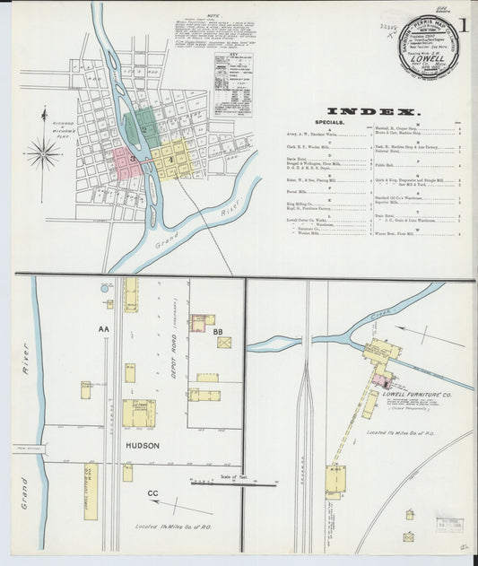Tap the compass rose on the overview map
[x=42, y=153]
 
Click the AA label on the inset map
[x=104, y=329]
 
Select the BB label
[x=218, y=332]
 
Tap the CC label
[x=153, y=492]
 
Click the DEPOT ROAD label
[x=179, y=341]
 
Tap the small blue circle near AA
[x=105, y=289]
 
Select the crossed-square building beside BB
[x=223, y=343]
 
